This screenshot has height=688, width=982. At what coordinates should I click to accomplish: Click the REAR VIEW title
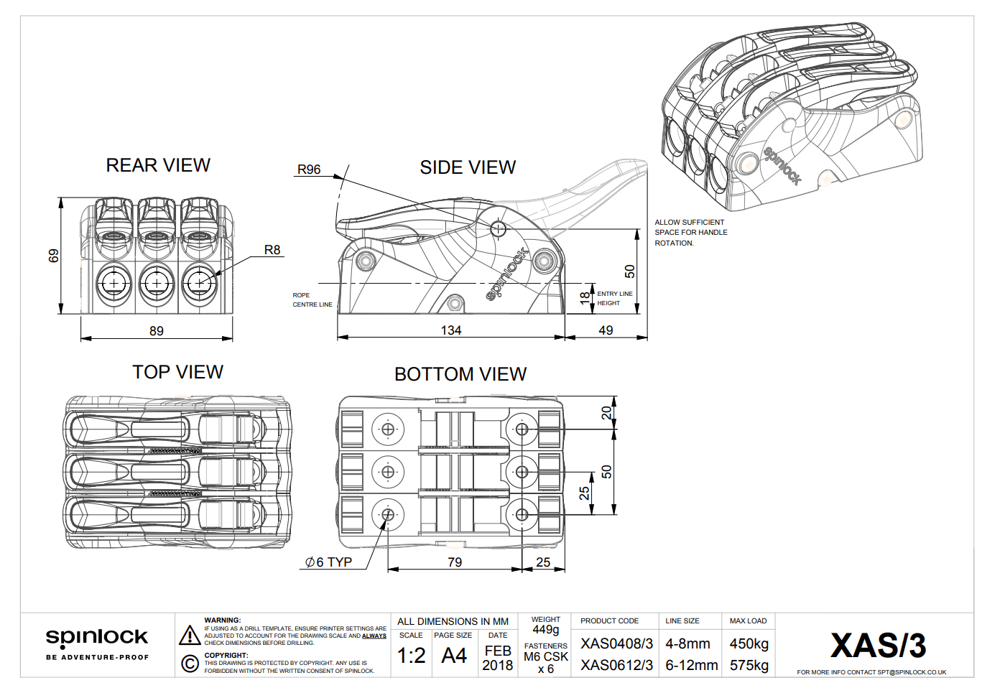[x=158, y=165]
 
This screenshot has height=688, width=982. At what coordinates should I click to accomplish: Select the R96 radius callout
[x=309, y=169]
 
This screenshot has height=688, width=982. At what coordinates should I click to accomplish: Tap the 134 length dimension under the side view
[x=451, y=330]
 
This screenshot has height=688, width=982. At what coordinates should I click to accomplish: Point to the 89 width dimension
[x=157, y=331]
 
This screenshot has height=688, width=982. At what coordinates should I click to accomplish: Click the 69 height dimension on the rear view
[x=54, y=256]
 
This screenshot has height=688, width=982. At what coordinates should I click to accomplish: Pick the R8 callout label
[x=272, y=250]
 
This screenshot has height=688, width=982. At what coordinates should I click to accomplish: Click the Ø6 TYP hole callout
[x=328, y=562]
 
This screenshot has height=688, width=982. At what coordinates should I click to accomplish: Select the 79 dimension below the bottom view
[x=455, y=562]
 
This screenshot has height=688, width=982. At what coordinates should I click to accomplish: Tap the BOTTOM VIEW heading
[x=460, y=374]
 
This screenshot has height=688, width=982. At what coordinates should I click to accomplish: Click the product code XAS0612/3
[x=616, y=666]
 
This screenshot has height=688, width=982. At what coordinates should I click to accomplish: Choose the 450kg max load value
[x=749, y=644]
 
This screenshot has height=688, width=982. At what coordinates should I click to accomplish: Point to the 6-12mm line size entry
[x=691, y=666]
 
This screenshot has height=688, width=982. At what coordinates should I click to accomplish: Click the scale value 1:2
[x=411, y=656]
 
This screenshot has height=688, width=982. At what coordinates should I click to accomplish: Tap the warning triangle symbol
[x=190, y=636]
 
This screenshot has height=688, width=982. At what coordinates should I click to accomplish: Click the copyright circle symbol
[x=190, y=664]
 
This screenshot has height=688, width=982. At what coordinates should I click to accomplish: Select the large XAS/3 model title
[x=878, y=646]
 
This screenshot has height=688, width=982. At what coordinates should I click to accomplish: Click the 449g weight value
[x=545, y=630]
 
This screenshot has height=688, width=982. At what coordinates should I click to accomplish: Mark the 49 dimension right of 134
[x=606, y=330]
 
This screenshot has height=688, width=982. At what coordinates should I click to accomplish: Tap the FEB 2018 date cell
[x=498, y=658]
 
